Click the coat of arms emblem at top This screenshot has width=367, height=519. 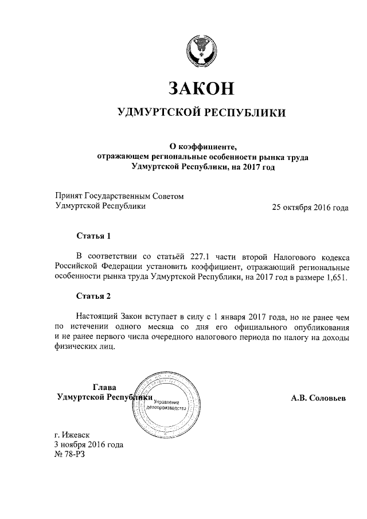point(201,52)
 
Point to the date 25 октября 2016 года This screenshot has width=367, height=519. point(310,208)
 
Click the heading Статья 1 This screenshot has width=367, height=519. point(93,236)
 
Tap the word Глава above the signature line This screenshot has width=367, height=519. point(104,387)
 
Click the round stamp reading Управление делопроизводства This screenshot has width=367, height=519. point(166,405)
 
